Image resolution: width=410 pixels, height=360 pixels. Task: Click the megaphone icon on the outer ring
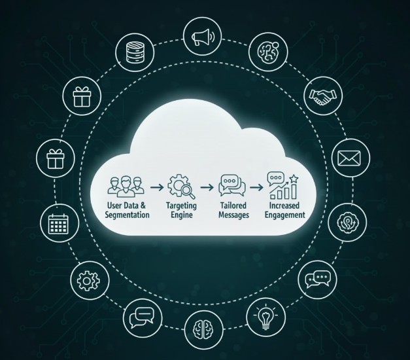pyautogui.click(x=201, y=37)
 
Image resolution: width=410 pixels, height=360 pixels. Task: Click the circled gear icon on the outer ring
pyautogui.click(x=88, y=281)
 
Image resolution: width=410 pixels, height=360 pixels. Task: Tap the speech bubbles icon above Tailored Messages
pyautogui.click(x=232, y=185)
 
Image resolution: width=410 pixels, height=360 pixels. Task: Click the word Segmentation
pyautogui.click(x=127, y=215)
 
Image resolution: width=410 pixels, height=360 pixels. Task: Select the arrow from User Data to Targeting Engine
pyautogui.click(x=156, y=188)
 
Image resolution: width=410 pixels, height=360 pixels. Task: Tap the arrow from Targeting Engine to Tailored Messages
pyautogui.click(x=207, y=188)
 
